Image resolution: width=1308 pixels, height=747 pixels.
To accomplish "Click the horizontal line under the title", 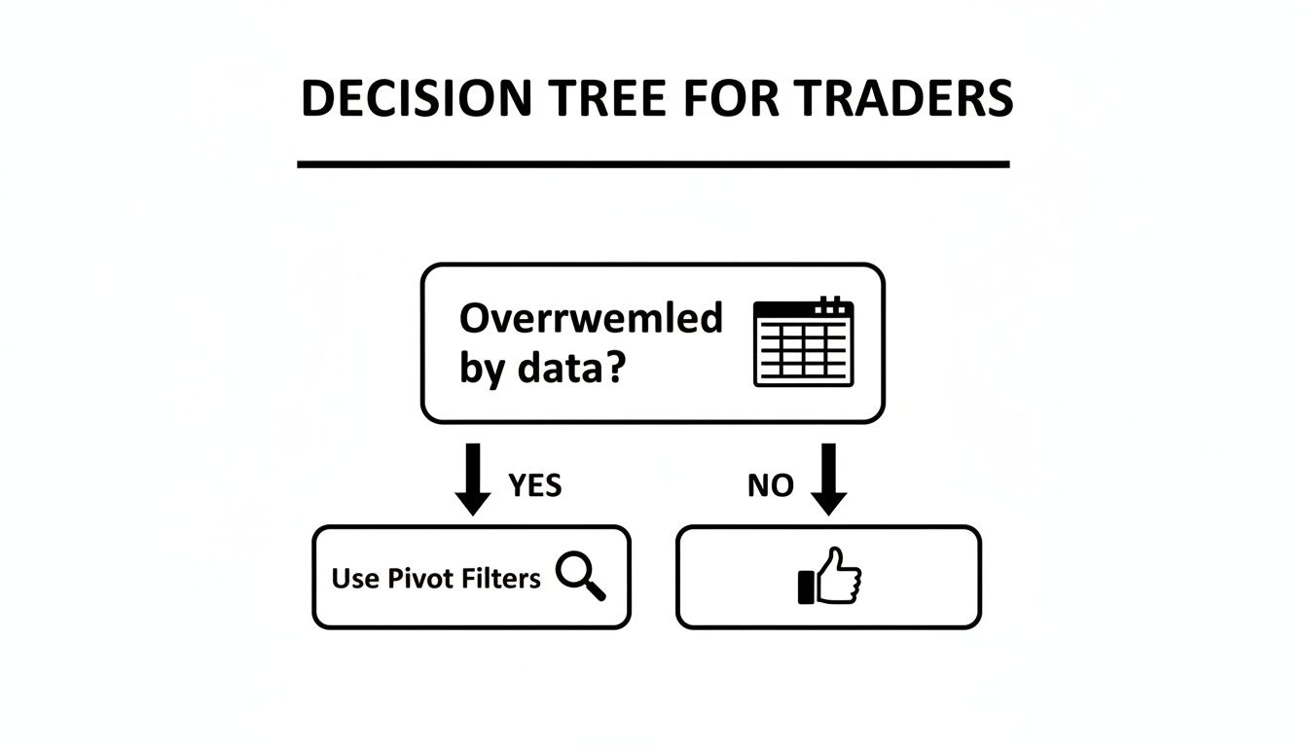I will pos(653,164).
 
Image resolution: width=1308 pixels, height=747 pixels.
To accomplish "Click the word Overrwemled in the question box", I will pos(591,319).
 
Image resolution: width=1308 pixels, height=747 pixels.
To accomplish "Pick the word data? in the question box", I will pos(568,371).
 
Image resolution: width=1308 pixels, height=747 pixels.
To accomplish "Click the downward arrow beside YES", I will pos(473,479).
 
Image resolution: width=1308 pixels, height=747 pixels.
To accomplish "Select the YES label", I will pos(535,485).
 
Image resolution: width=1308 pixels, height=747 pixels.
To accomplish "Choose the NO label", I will pos(771,485).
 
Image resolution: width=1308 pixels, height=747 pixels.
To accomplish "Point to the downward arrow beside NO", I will pos(829,479).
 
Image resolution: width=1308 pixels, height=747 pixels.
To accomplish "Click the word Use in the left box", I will pos(355,579).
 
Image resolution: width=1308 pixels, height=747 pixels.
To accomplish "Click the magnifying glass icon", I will pos(580,575).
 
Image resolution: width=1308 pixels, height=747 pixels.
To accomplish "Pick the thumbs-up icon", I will pos(830,577).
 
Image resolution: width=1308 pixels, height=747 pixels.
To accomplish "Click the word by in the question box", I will pos(481,372).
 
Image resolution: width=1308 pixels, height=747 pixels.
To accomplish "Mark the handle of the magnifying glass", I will pos(595,589).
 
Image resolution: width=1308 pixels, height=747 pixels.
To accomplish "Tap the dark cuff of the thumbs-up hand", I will pos(806,587).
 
